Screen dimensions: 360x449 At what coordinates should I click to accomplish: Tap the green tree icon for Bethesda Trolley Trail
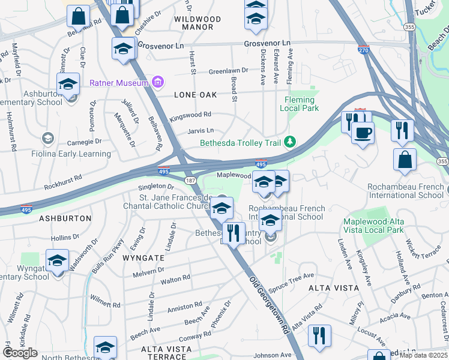click(291, 142)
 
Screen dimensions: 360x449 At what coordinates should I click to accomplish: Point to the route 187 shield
click(190, 180)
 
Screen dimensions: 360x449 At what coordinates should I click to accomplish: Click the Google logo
click(20, 353)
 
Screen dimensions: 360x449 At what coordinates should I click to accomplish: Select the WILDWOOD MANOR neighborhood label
click(197, 23)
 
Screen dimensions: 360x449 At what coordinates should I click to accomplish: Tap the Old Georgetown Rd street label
click(270, 304)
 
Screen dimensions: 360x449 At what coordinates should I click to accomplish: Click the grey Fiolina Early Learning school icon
click(47, 139)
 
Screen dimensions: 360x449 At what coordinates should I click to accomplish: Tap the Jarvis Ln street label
click(201, 130)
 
